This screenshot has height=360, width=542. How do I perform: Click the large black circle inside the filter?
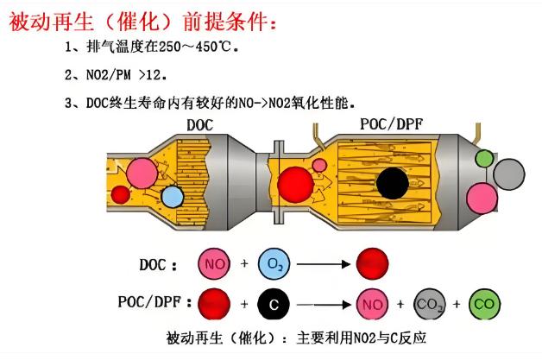click(393, 183)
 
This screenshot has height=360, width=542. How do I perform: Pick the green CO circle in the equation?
click(485, 303)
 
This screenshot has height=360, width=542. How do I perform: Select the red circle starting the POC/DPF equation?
click(215, 303)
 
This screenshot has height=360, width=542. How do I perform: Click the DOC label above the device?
click(199, 125)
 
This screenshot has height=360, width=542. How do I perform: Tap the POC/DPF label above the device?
click(391, 125)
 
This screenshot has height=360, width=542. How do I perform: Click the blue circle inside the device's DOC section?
click(173, 198)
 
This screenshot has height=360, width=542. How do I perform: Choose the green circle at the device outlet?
click(484, 160)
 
